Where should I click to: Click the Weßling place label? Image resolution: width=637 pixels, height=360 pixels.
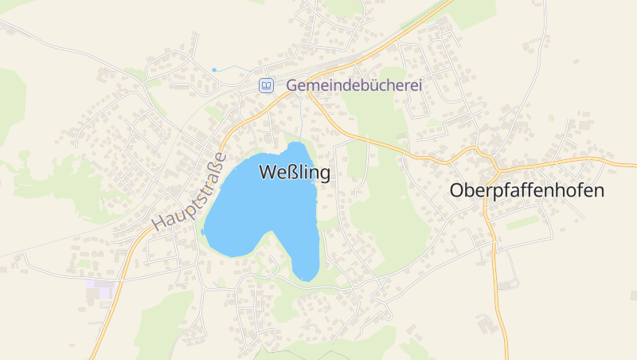tap(294, 172)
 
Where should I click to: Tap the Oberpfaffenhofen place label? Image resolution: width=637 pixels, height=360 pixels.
tap(527, 191)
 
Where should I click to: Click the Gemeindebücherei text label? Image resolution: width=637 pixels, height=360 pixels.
tap(354, 84)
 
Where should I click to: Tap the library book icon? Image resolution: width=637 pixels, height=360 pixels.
tap(266, 85)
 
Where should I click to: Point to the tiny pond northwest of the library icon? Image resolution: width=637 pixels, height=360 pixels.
tap(213, 70)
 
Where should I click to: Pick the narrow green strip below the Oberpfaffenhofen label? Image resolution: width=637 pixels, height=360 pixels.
tap(522, 224)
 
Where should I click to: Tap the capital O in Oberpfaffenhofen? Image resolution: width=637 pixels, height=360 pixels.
tap(457, 191)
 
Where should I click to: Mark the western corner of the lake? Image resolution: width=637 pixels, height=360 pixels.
tap(204, 232)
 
